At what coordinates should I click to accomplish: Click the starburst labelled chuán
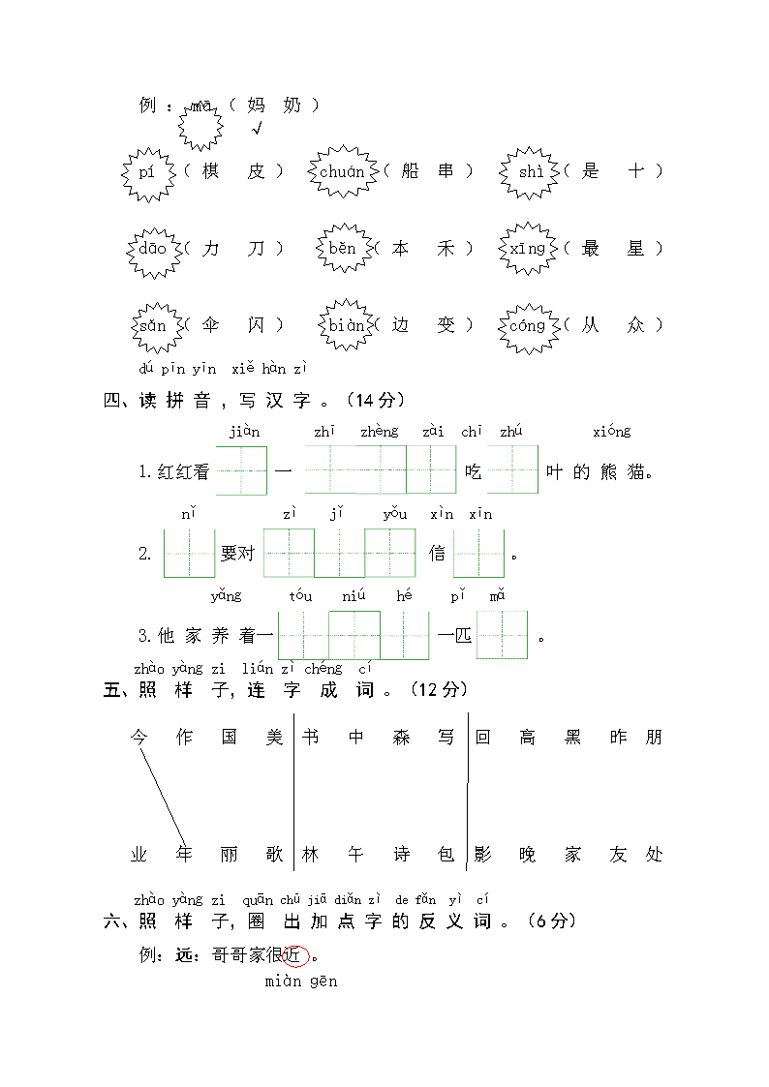pyautogui.click(x=343, y=171)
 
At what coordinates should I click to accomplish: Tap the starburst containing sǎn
pyautogui.click(x=158, y=326)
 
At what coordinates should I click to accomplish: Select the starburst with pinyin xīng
pyautogui.click(x=529, y=248)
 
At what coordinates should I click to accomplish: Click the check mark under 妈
pyautogui.click(x=258, y=128)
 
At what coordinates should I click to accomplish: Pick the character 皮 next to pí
pyautogui.click(x=256, y=171)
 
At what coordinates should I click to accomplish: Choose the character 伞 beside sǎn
pyautogui.click(x=211, y=324)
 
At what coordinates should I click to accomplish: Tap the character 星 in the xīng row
pyautogui.click(x=635, y=248)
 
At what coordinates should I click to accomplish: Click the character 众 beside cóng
pyautogui.click(x=635, y=324)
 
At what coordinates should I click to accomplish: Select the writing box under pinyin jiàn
pyautogui.click(x=241, y=470)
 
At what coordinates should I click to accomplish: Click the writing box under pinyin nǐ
pyautogui.click(x=189, y=554)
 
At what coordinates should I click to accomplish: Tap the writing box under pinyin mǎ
pyautogui.click(x=503, y=634)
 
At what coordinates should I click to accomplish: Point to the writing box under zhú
pyautogui.click(x=513, y=469)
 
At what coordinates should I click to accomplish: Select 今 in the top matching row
pyautogui.click(x=138, y=737)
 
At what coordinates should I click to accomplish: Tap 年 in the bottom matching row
pyautogui.click(x=184, y=854)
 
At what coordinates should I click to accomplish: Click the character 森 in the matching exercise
pyautogui.click(x=402, y=737)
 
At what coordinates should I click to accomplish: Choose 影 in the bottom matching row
pyautogui.click(x=482, y=854)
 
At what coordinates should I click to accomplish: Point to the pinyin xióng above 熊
pyautogui.click(x=611, y=431)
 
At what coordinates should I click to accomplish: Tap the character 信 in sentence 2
pyautogui.click(x=437, y=554)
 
